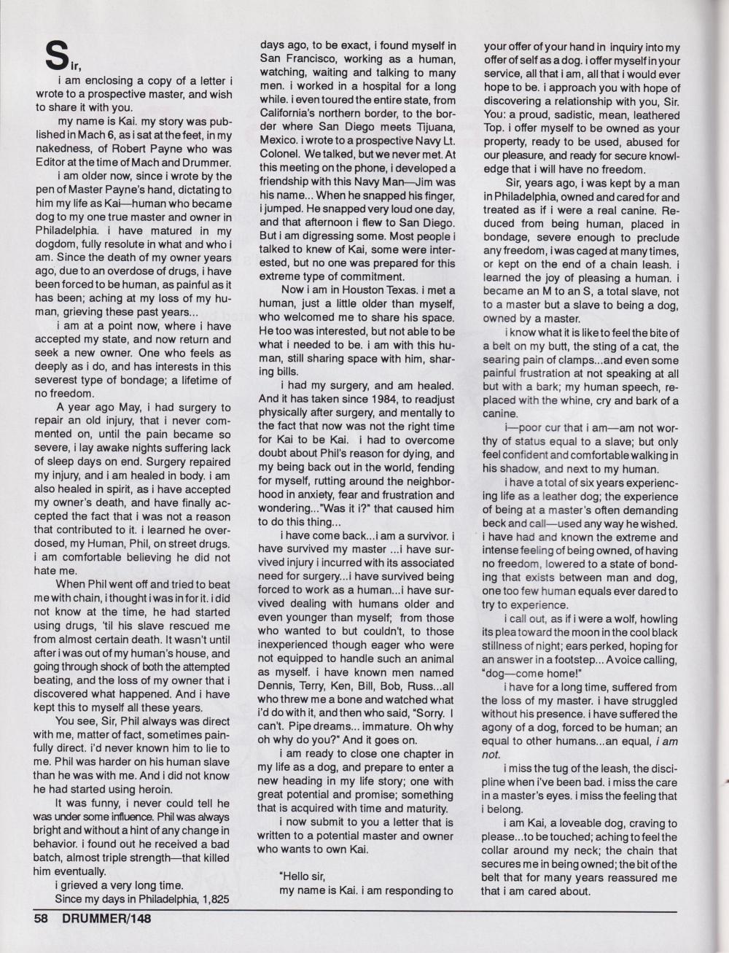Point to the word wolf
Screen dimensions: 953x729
click(616, 619)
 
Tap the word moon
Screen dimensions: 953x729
click(579, 632)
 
